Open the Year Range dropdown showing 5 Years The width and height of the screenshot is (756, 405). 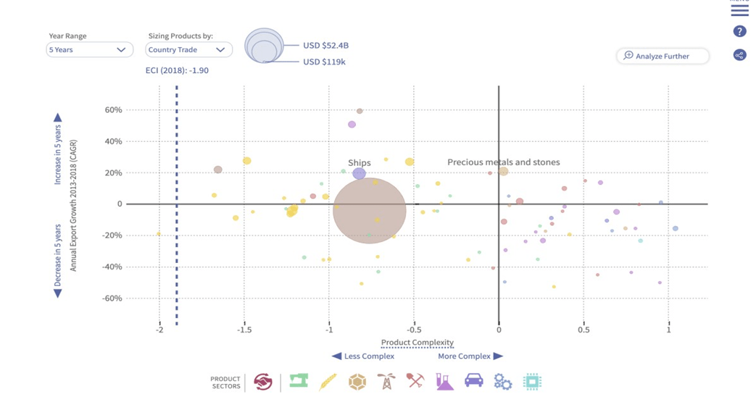[89, 50]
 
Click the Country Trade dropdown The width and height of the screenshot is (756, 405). [188, 50]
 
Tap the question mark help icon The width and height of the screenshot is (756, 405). [739, 31]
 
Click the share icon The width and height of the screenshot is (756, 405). [739, 55]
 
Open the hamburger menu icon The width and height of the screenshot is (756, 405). [739, 10]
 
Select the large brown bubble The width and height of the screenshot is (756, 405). [370, 211]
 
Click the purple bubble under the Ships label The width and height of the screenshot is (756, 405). [359, 174]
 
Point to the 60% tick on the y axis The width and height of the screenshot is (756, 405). [113, 110]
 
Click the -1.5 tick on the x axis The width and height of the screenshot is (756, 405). [244, 330]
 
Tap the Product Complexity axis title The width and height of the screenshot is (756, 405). [418, 343]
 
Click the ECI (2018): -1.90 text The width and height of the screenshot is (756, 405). [177, 70]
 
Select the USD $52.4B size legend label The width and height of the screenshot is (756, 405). [326, 46]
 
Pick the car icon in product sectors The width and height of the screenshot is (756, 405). [473, 381]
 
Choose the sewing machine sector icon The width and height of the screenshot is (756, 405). [299, 381]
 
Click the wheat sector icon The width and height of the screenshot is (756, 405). [328, 382]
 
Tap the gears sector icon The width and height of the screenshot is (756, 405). [503, 382]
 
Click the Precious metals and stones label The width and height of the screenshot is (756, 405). [503, 162]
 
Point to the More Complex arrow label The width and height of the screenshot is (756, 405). [470, 356]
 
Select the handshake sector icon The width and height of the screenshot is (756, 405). [263, 382]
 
